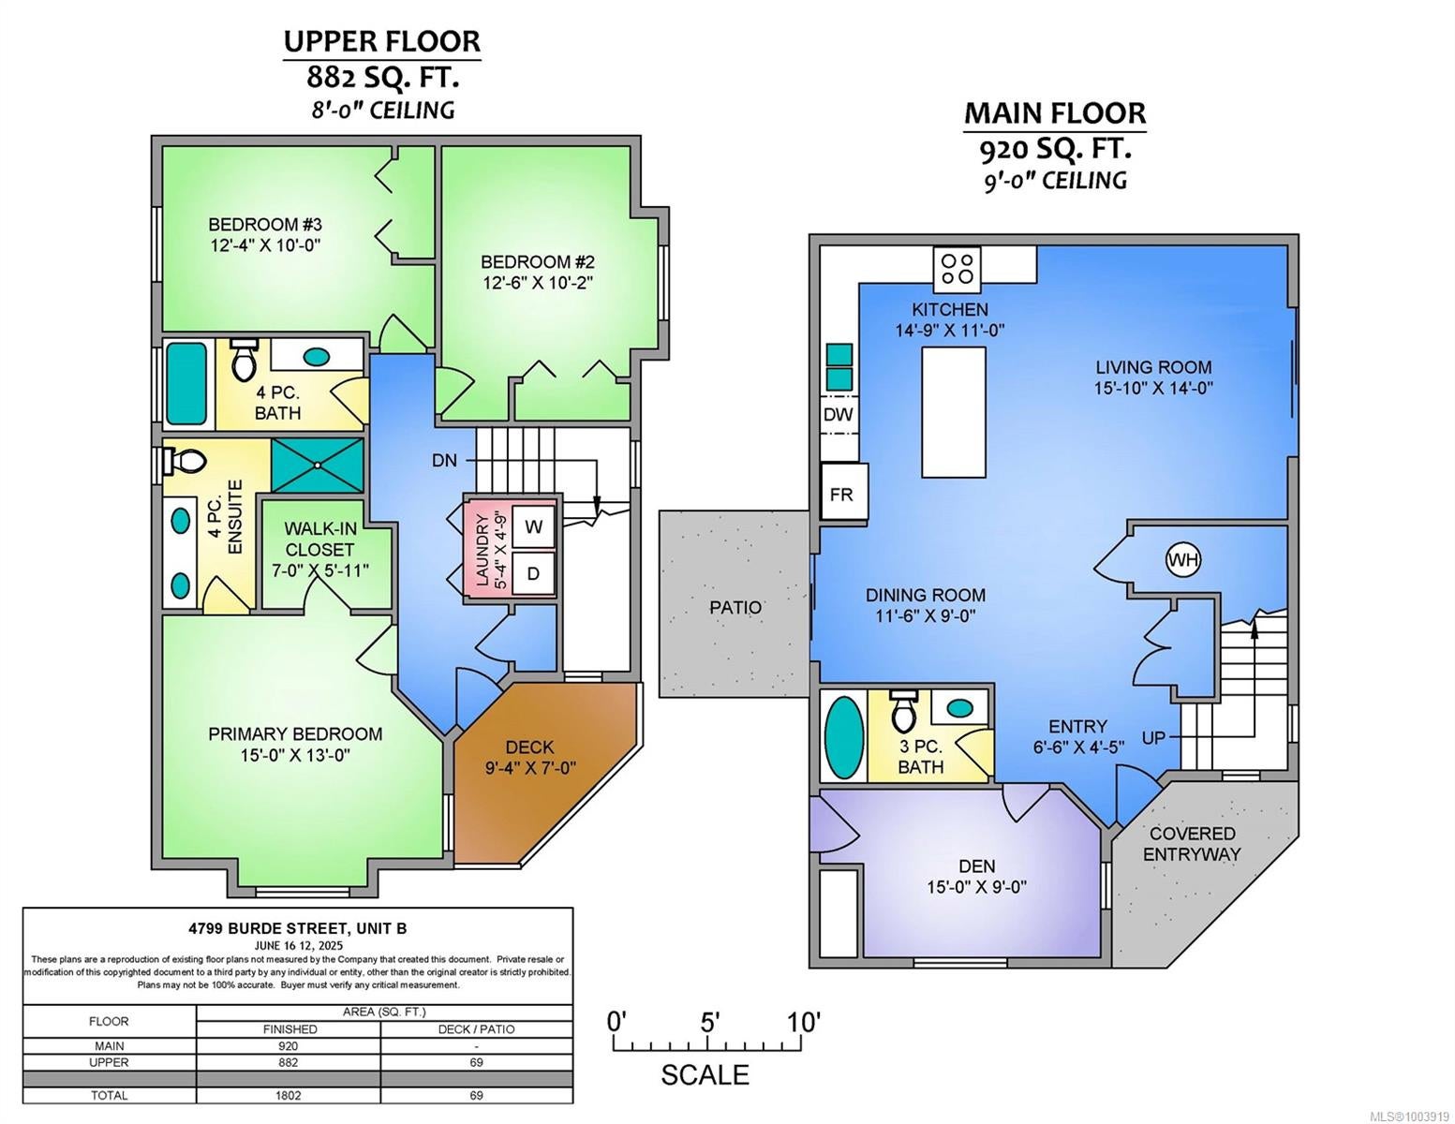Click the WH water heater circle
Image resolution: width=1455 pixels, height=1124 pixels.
[x=1183, y=559]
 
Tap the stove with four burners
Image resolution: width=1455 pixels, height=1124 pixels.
[x=957, y=269]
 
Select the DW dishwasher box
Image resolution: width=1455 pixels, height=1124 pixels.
[x=839, y=414]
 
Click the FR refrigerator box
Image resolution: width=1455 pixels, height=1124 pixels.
[x=843, y=494]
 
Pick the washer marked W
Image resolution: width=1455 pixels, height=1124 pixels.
[x=533, y=526]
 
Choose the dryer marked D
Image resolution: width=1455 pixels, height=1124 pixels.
[x=533, y=573]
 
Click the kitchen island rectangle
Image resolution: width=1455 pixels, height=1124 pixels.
[x=954, y=412]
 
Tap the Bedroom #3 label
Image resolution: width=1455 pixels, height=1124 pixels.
[x=265, y=224]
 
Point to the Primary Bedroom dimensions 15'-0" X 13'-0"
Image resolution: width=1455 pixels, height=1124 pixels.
[x=295, y=755]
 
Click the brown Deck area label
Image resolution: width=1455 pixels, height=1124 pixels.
[x=529, y=747]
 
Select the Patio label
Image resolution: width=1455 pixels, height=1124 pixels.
[x=735, y=607]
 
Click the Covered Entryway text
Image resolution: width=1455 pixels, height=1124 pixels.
[x=1192, y=844]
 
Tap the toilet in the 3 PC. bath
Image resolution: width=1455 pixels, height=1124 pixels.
[x=903, y=712]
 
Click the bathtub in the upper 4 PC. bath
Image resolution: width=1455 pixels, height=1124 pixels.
[x=186, y=384]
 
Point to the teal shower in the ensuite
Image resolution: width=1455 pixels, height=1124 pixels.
[x=318, y=465]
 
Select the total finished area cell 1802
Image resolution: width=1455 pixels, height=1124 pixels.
[x=288, y=1095]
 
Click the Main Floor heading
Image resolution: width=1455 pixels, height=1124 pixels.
[x=1055, y=113]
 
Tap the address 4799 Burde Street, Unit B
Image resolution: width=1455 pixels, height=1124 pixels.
[x=297, y=928]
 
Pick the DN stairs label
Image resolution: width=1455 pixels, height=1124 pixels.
[x=445, y=461]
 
